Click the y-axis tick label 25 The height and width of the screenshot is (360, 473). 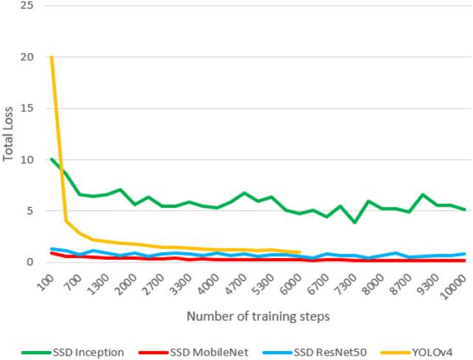(x=27, y=5)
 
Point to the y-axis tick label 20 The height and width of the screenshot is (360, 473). (x=27, y=57)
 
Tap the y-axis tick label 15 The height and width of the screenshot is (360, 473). (x=27, y=108)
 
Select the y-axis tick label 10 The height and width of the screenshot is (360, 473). (x=27, y=159)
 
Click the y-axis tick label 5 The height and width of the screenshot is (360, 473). (x=30, y=211)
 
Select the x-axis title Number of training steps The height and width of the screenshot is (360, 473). (x=258, y=316)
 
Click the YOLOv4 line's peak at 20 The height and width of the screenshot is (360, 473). (x=52, y=57)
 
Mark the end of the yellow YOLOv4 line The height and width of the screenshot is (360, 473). (x=300, y=252)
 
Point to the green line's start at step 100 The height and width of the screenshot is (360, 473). (x=52, y=159)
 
